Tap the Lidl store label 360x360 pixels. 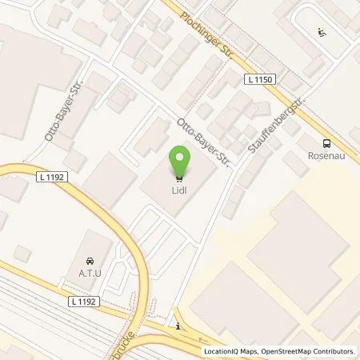180,190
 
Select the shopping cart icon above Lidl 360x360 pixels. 180,178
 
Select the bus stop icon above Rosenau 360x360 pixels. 325,144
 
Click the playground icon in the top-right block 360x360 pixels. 321,33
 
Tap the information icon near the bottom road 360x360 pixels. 178,326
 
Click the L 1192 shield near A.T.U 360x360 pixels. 82,301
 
